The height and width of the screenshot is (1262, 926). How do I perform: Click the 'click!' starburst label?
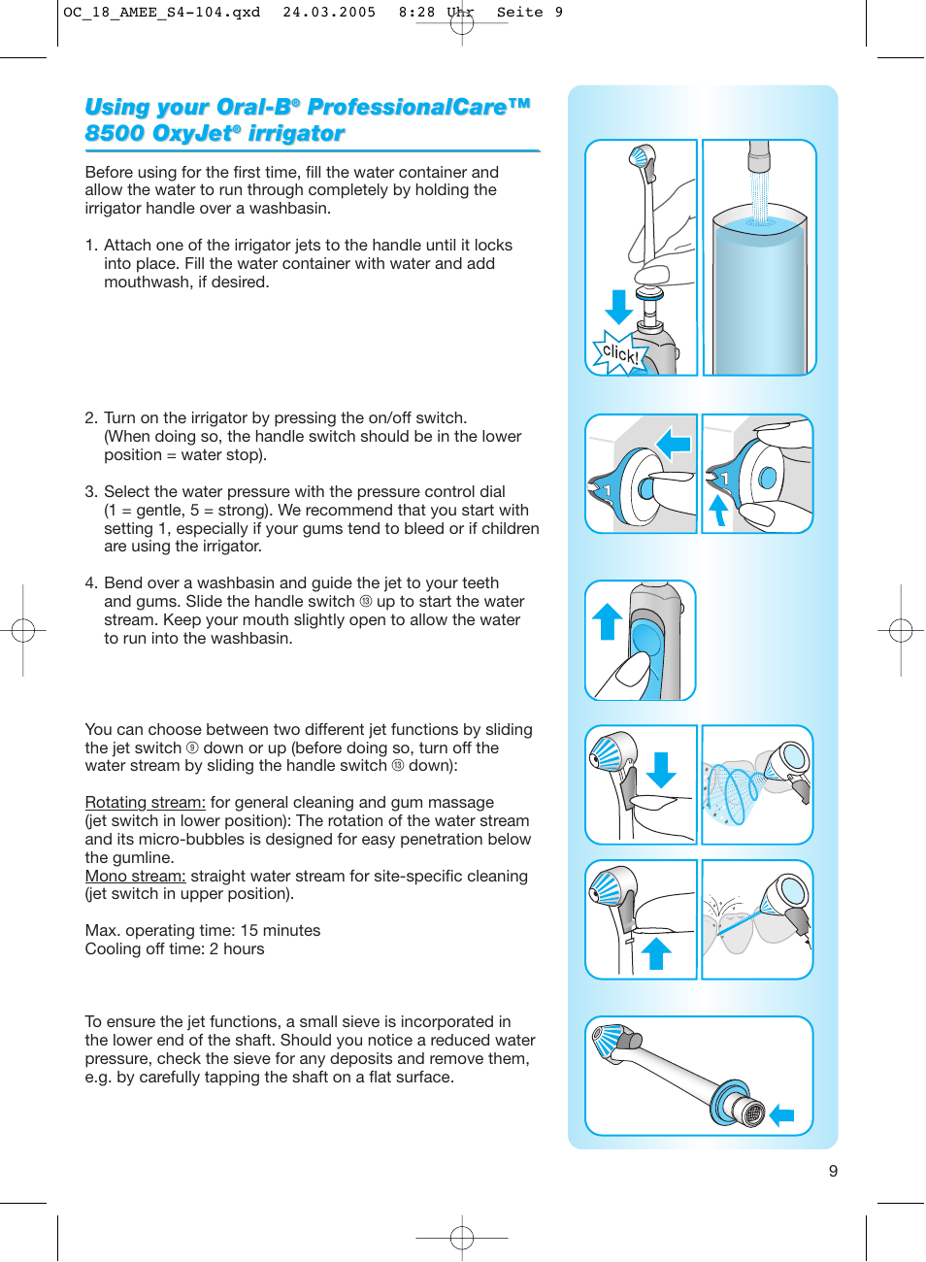[619, 353]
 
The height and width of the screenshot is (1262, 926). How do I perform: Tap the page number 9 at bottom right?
[833, 1171]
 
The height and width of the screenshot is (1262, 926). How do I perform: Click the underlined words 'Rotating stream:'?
[145, 802]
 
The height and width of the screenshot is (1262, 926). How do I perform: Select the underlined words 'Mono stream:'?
[135, 876]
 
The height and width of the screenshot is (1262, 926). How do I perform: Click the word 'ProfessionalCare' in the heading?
[407, 107]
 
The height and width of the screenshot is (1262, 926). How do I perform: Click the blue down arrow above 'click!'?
[618, 307]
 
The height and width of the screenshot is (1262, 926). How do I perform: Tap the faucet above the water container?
[758, 155]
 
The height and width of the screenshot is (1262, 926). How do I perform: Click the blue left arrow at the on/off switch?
[673, 445]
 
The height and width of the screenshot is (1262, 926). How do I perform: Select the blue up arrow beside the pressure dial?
[718, 510]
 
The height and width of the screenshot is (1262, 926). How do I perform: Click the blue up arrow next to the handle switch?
[608, 621]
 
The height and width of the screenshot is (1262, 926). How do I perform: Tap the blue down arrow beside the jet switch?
[661, 769]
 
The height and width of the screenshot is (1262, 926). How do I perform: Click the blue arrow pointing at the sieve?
[782, 1116]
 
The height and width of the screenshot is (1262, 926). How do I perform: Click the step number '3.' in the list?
[91, 492]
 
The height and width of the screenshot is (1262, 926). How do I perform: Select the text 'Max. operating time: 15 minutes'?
[202, 930]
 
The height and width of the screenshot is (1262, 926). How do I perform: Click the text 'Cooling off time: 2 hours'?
[174, 948]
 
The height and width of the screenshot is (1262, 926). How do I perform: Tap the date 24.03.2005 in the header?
[329, 13]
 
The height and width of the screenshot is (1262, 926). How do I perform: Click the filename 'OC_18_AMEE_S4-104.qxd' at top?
[161, 13]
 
